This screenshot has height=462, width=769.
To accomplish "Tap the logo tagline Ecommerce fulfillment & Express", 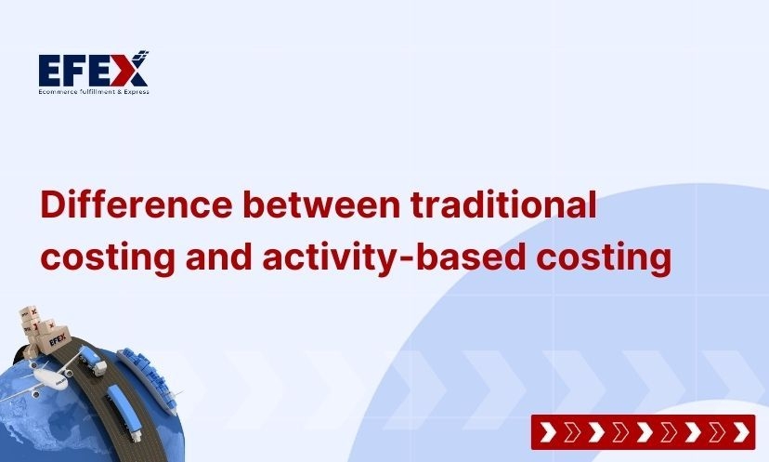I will pos(93,91).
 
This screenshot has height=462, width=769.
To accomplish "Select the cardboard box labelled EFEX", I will pos(55,341).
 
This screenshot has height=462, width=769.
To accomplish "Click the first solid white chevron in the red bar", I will pos(549,432).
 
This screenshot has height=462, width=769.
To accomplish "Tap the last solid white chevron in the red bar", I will pos(740,432).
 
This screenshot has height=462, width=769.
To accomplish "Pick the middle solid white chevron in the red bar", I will pos(645,432).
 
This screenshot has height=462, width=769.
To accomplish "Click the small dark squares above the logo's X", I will pos(142,54).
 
